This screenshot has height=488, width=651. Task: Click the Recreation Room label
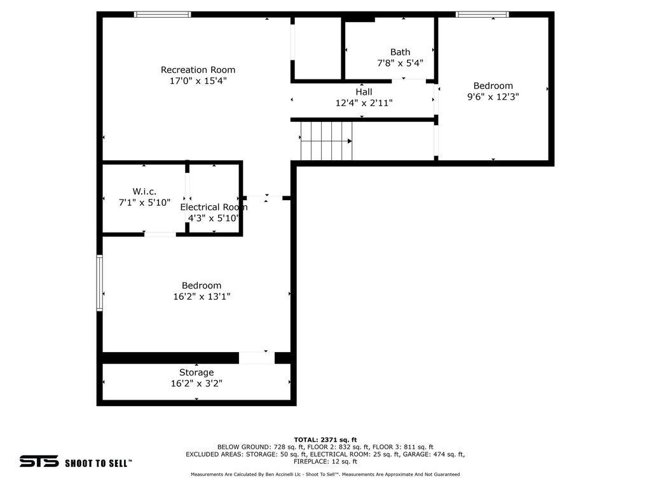(x=198, y=70)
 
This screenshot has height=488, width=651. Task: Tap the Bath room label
(x=401, y=52)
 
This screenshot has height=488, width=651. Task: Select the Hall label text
(x=364, y=91)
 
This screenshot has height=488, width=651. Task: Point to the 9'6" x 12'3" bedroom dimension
(x=493, y=97)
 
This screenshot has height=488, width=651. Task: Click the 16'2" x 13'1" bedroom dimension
(x=202, y=296)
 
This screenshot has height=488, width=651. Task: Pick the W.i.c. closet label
(x=144, y=192)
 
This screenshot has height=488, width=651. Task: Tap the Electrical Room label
(x=214, y=207)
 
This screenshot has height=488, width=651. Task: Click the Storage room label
(x=197, y=372)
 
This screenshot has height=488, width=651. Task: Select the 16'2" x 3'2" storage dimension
(x=197, y=383)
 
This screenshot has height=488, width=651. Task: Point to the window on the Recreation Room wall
(x=162, y=15)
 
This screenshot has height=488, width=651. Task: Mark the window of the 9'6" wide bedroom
(x=483, y=15)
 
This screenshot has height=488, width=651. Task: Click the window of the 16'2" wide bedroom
(x=100, y=283)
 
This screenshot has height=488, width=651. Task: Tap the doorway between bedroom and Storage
(x=257, y=358)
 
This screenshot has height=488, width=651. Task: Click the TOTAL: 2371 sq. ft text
(x=325, y=440)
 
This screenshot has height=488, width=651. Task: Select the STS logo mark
(x=39, y=461)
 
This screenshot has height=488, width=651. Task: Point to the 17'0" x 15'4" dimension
(x=198, y=81)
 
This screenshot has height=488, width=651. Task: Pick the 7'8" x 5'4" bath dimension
(x=401, y=63)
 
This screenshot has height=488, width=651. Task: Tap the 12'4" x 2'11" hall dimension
(x=364, y=103)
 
